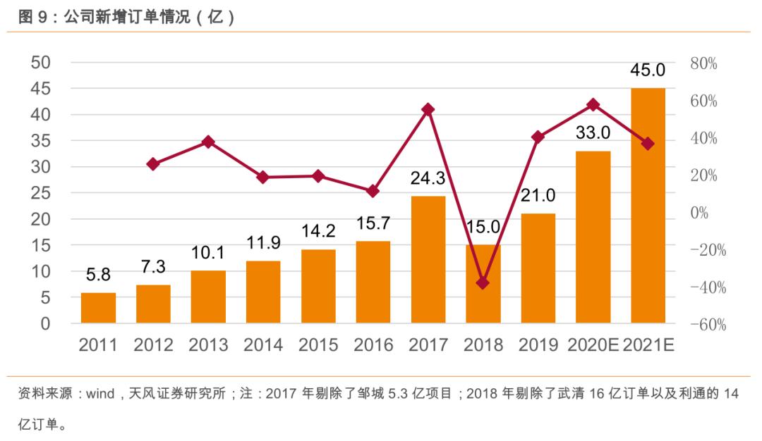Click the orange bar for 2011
(98, 308)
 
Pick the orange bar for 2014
(263, 292)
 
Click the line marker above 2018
(483, 283)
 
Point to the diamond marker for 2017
(428, 109)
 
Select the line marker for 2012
(153, 164)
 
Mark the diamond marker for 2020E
(593, 104)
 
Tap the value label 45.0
(648, 70)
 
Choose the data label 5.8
(98, 275)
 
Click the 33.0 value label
(593, 132)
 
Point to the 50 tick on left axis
(41, 63)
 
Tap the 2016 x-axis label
(373, 345)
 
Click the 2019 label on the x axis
(538, 345)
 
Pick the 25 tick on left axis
(41, 193)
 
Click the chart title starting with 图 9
(126, 18)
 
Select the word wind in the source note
(101, 394)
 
